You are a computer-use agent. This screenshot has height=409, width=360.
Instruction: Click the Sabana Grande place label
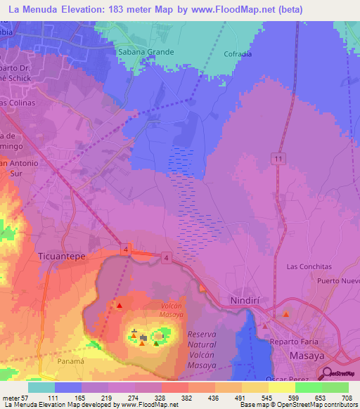(x=142, y=51)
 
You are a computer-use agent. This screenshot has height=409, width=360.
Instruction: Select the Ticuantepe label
(x=61, y=257)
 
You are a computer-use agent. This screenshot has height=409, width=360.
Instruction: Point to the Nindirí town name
(x=246, y=301)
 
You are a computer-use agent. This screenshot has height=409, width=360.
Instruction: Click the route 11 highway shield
(x=279, y=160)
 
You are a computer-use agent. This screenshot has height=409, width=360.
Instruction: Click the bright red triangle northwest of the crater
(x=119, y=306)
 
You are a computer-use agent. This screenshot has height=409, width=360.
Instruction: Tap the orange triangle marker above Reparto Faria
(x=285, y=314)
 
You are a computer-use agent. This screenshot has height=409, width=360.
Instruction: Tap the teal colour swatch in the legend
(x=41, y=387)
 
